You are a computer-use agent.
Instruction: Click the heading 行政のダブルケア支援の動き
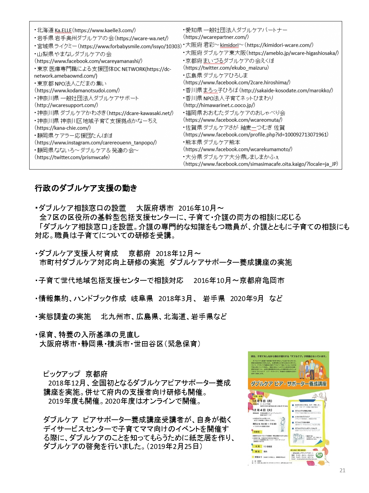[x=86, y=188]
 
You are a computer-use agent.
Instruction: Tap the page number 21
[x=342, y=470]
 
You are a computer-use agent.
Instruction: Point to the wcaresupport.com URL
[x=67, y=105]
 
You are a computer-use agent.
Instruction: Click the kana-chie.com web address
[x=63, y=128]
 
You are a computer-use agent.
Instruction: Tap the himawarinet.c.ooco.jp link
[x=219, y=105]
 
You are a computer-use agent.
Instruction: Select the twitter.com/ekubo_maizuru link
[x=226, y=68]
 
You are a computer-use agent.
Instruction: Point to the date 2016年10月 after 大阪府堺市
[x=197, y=208]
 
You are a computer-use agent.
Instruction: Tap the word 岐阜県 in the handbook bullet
[x=142, y=298]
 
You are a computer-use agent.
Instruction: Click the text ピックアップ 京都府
[x=75, y=374]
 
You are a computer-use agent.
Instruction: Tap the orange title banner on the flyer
[x=289, y=384]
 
